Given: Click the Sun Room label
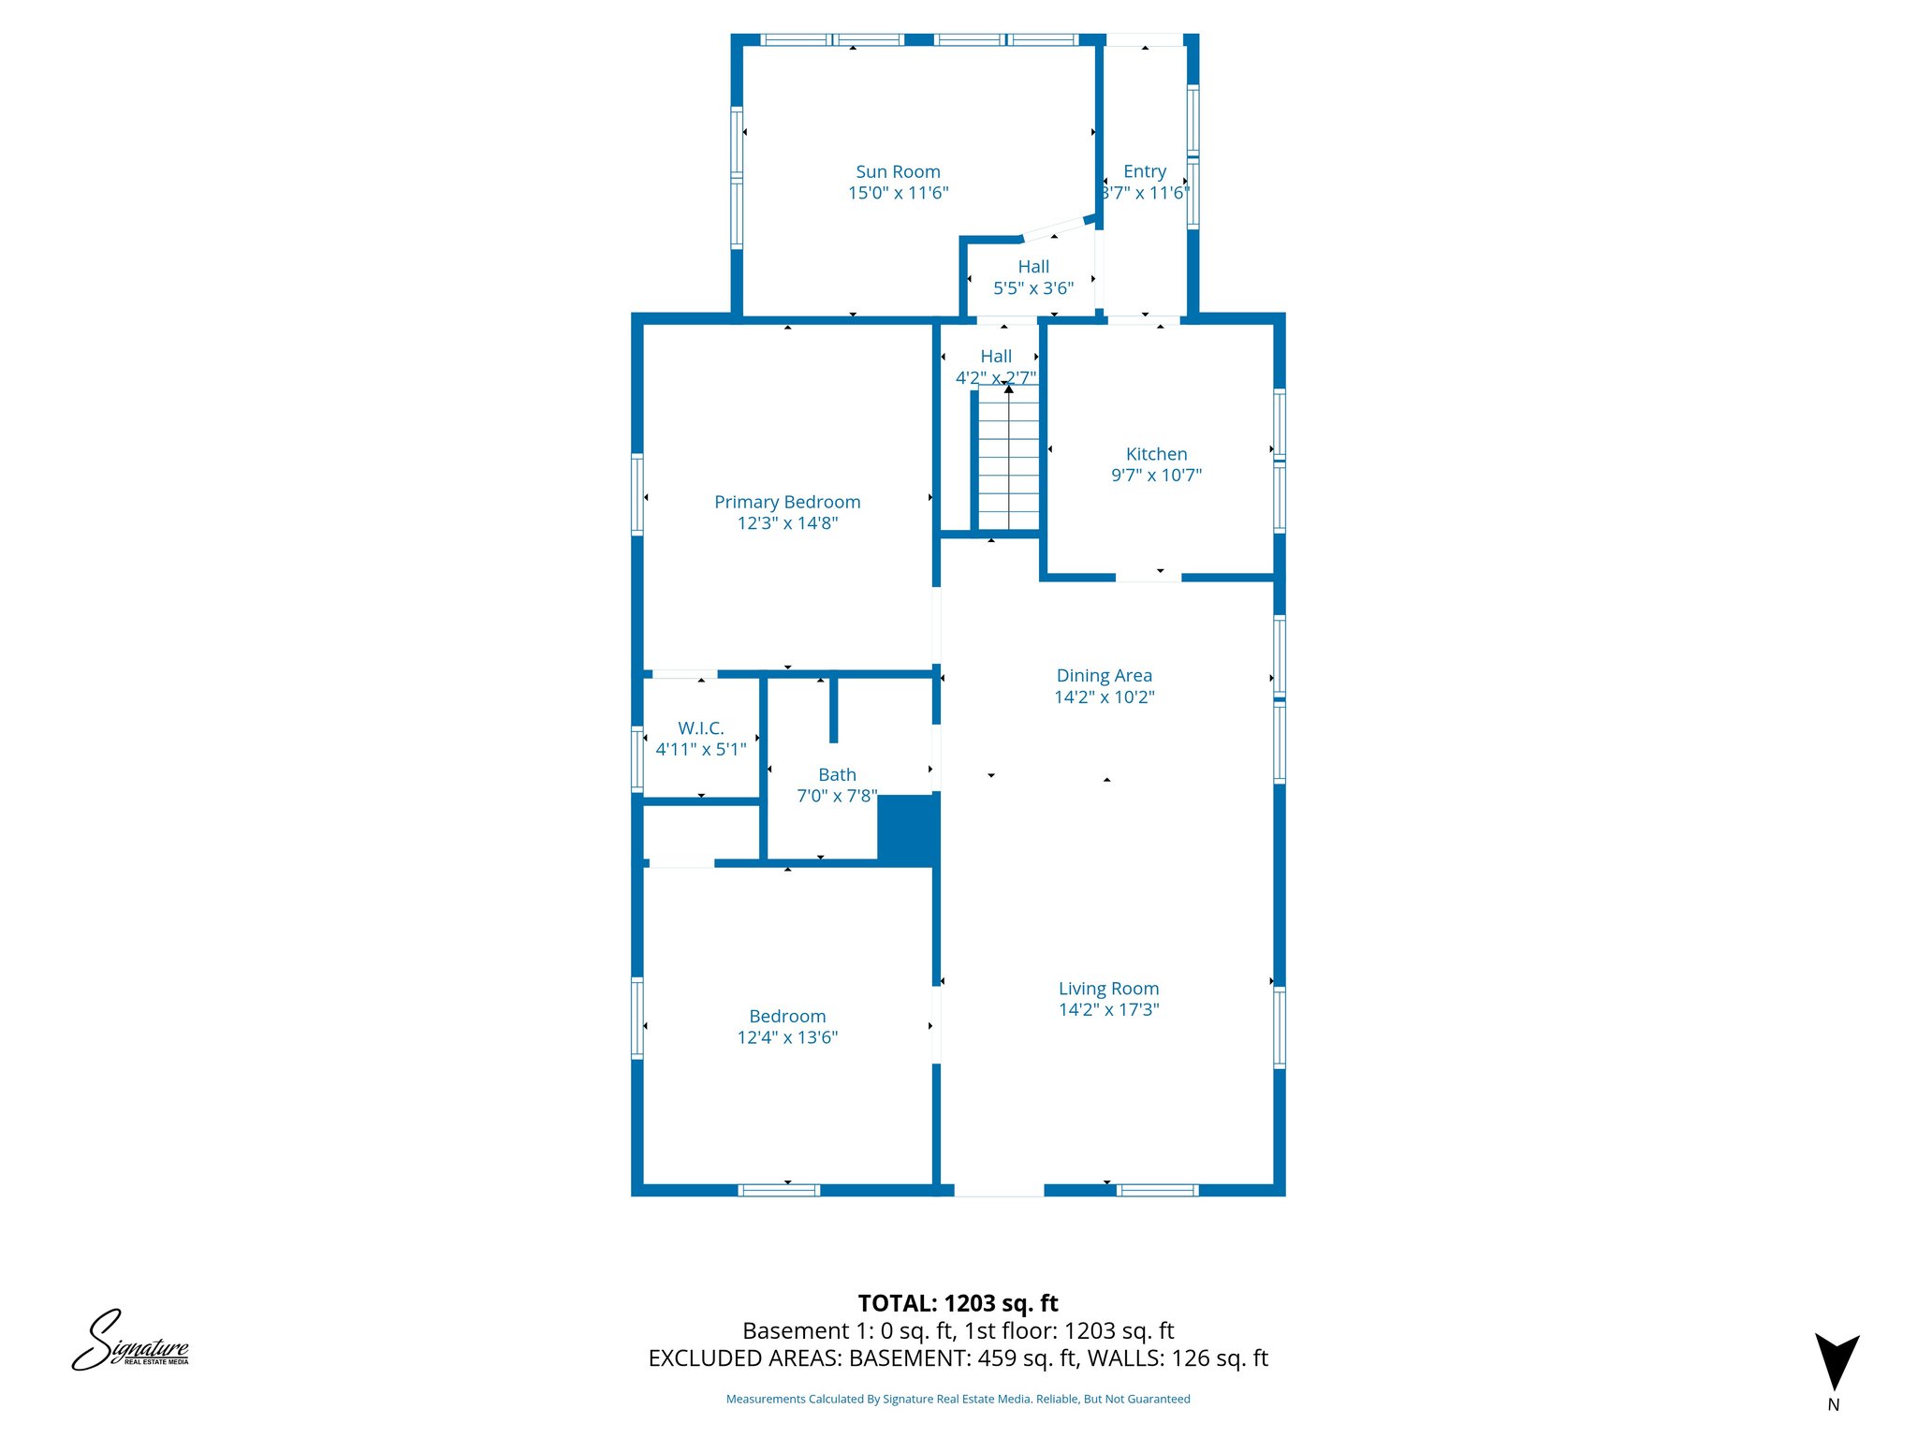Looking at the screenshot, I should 898,172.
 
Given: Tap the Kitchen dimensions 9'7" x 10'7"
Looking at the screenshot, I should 1156,476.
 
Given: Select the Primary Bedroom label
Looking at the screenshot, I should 787,502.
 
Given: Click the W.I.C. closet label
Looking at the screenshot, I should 701,728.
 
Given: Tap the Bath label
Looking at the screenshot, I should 837,774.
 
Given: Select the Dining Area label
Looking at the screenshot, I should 1104,675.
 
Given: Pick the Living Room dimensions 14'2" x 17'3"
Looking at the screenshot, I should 1108,1010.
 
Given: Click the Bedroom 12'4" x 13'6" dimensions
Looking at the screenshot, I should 787,1037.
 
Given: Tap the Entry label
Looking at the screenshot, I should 1145,171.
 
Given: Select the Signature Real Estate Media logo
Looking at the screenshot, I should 131,1341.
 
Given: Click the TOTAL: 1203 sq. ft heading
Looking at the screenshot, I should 958,1303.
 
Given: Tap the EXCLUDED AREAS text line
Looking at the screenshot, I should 958,1358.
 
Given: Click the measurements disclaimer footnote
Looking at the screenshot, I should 958,1400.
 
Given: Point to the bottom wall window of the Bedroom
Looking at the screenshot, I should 779,1190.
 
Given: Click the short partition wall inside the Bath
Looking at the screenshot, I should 833,710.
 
